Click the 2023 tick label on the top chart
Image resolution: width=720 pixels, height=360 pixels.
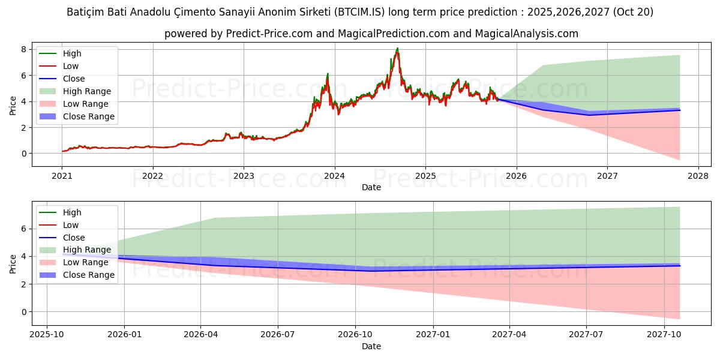244,176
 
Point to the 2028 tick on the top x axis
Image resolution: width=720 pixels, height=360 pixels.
698,176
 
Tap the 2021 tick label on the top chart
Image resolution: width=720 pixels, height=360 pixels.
62,176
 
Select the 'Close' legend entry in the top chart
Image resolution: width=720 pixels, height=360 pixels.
74,79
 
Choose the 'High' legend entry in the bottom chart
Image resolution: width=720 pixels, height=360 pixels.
72,212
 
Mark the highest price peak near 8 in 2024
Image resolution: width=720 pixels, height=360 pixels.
397,49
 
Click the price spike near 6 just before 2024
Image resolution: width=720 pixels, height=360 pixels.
328,74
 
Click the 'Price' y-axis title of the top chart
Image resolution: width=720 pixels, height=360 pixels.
13,105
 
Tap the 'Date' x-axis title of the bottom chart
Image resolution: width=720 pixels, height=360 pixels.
371,346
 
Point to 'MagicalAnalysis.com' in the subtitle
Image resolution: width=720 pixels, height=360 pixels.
526,34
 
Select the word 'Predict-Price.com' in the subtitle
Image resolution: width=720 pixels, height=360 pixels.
269,34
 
